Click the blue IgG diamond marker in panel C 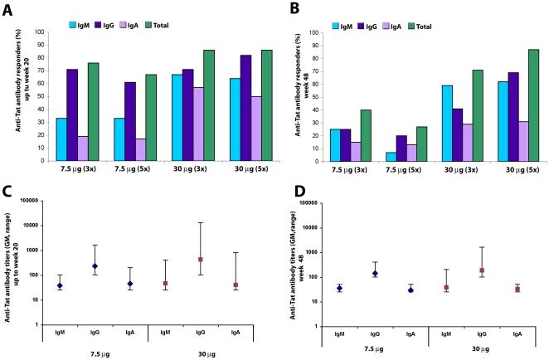pos(95,266)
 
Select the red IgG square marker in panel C pos(200,260)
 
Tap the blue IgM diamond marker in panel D pos(339,288)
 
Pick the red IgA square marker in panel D pos(517,289)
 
